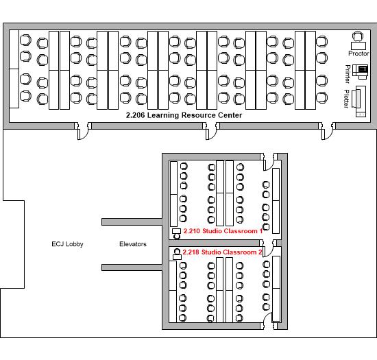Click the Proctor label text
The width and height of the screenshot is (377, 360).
click(358, 53)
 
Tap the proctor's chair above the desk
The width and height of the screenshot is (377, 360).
click(358, 36)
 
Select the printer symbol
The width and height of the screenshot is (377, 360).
click(360, 72)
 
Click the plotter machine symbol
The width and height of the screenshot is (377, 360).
click(359, 101)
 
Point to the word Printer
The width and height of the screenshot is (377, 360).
click(348, 74)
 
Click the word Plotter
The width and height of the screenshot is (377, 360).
click(346, 99)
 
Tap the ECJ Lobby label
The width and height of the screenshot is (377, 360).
click(67, 244)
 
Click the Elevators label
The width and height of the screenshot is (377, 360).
click(133, 244)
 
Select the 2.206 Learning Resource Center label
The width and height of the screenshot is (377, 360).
click(184, 115)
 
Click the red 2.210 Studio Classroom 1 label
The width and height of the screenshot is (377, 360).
click(223, 231)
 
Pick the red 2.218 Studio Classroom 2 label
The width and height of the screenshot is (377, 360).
click(222, 252)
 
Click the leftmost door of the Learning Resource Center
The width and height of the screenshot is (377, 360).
click(83, 131)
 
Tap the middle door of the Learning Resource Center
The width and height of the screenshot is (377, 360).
click(211, 131)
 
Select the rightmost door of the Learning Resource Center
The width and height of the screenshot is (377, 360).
click(327, 131)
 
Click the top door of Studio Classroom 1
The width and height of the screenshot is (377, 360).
click(269, 162)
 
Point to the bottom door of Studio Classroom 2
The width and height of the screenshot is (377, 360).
click(269, 320)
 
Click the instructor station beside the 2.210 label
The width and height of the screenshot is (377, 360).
click(176, 234)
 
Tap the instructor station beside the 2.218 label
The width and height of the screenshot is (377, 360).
click(177, 254)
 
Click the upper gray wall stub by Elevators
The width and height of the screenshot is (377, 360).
click(132, 221)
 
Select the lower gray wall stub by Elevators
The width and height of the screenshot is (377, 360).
click(132, 267)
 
